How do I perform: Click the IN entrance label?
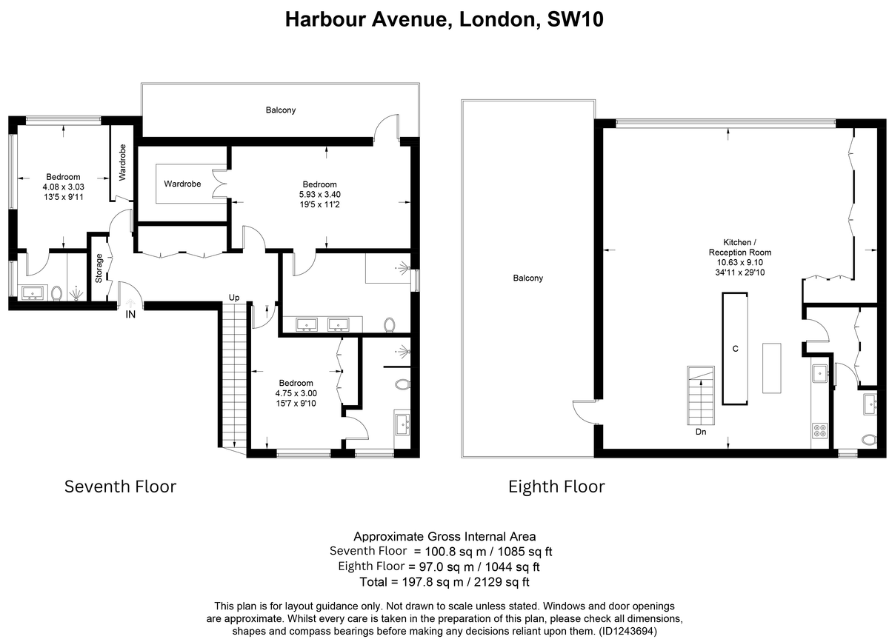point(130,315)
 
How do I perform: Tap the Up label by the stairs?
point(234,298)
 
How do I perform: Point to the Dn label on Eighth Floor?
point(701,432)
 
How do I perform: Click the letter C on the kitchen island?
point(736,349)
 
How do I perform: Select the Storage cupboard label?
point(99,268)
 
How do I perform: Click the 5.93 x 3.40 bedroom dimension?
point(320,195)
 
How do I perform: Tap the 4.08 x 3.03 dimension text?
point(64,187)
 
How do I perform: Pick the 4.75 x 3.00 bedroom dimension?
point(296,393)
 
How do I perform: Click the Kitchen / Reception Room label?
point(740,247)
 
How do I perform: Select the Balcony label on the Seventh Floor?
point(281,110)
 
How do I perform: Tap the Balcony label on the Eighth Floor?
point(527,278)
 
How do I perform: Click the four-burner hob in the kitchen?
point(820,430)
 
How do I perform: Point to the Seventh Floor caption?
point(120,486)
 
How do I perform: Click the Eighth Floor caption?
point(556,486)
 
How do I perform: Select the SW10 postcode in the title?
point(576,19)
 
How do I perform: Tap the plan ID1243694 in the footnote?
point(627,631)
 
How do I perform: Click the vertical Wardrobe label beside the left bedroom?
point(122,162)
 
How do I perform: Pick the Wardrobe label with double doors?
point(182,184)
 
